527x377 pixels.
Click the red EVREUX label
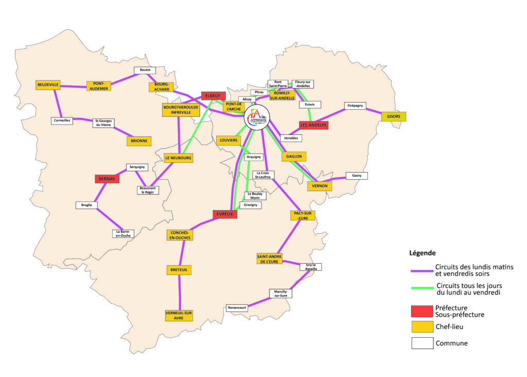[225, 214]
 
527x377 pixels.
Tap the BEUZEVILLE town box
[48, 84]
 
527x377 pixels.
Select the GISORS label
[393, 117]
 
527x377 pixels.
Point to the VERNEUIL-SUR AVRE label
[179, 315]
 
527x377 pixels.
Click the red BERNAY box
[107, 179]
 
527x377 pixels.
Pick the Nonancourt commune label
[237, 308]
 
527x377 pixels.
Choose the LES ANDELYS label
[313, 125]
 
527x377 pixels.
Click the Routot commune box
[145, 70]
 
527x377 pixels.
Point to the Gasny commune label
[357, 176]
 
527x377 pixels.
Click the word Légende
[423, 253]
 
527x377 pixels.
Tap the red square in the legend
[422, 311]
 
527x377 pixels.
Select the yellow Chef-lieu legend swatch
[422, 327]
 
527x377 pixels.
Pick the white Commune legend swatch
[422, 343]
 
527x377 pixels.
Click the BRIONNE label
[139, 141]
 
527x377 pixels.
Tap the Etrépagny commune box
[355, 106]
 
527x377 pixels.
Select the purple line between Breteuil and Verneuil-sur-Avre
[180, 292]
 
